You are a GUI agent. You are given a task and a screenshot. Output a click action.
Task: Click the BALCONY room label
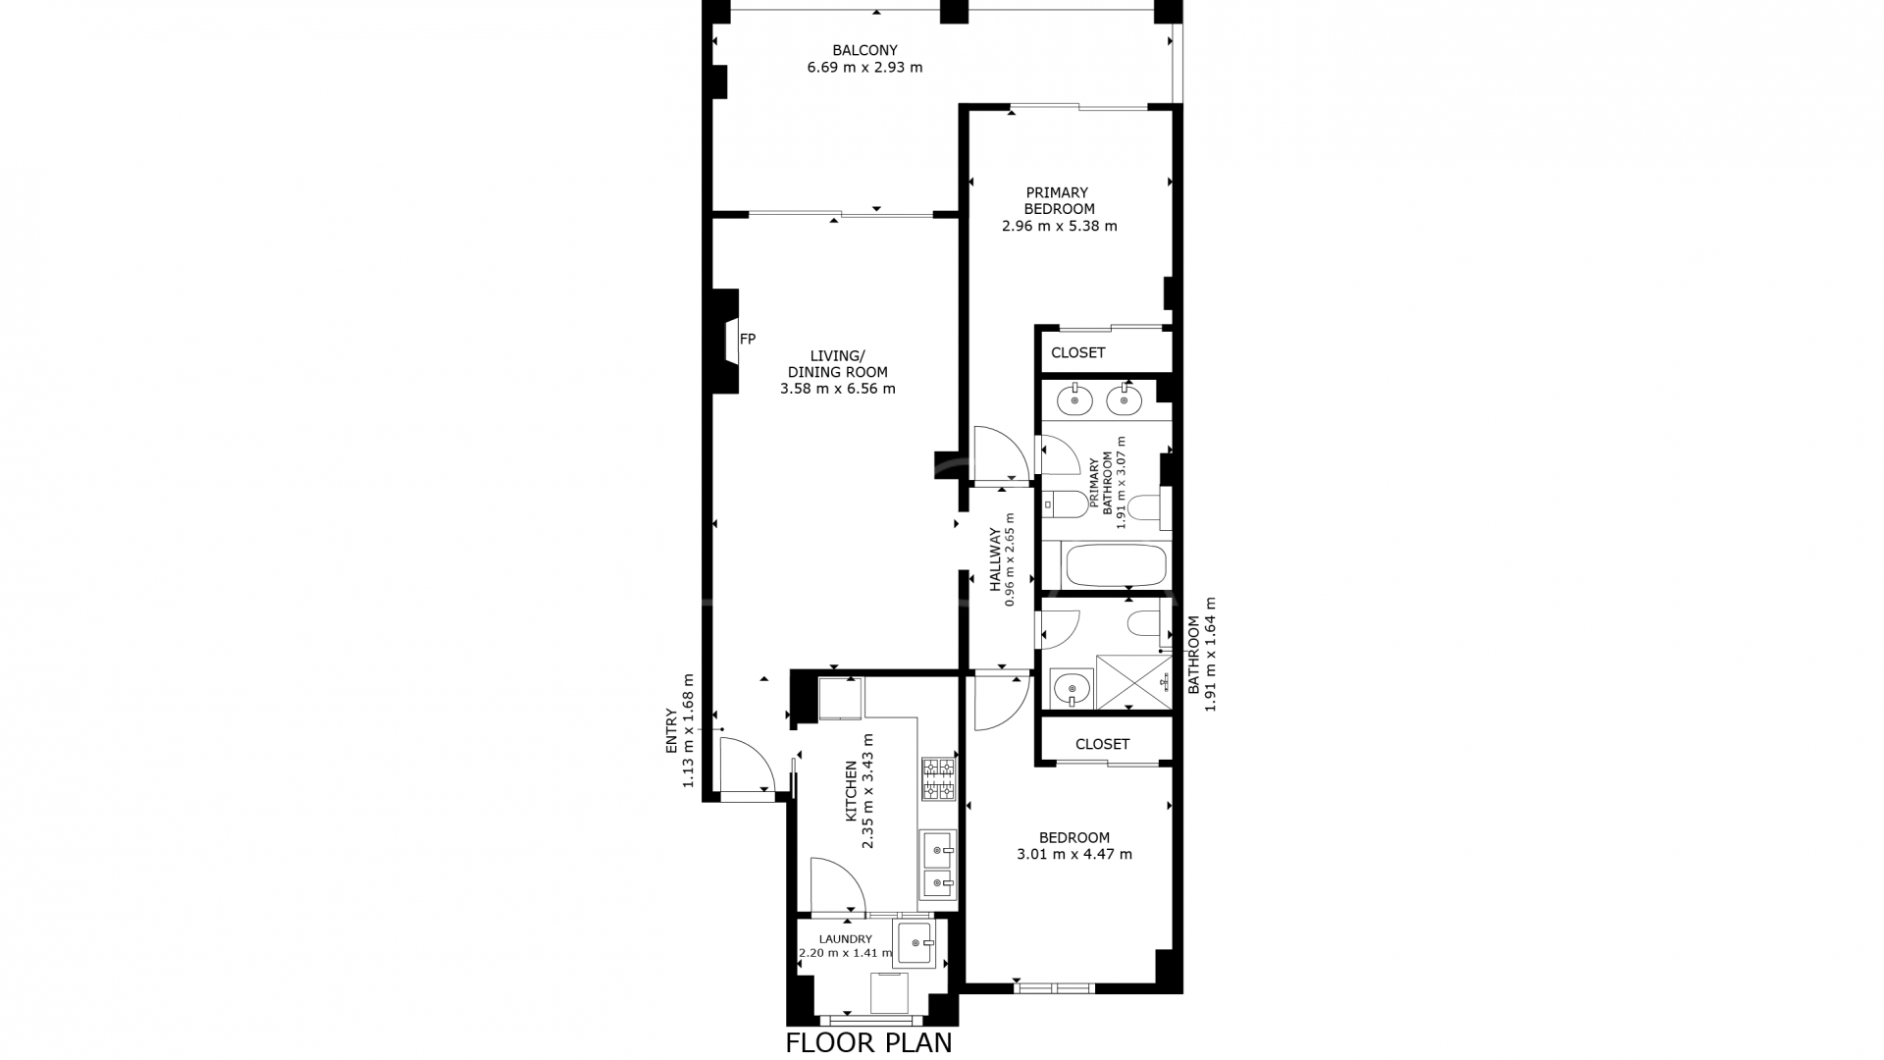(864, 50)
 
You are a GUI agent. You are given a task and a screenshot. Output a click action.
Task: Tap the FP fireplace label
(748, 340)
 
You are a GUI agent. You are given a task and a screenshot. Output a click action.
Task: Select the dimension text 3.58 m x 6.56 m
(837, 389)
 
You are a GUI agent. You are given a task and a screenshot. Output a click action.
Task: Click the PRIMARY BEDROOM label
(1059, 201)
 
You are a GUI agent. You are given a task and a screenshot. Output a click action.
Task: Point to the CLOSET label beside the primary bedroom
(1077, 352)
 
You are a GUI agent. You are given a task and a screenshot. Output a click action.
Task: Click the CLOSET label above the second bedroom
(1102, 744)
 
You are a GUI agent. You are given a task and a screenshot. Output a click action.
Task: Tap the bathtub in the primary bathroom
(1115, 566)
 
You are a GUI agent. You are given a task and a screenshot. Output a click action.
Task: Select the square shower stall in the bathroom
(1133, 681)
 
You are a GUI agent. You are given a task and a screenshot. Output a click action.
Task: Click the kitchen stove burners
(938, 778)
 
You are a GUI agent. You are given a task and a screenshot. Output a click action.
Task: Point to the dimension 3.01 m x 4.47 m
(1074, 855)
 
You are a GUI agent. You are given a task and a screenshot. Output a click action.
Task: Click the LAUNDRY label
(845, 939)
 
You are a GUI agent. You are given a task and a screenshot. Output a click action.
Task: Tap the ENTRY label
(671, 730)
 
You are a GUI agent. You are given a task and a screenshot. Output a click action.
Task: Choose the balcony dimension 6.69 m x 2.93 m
(864, 68)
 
